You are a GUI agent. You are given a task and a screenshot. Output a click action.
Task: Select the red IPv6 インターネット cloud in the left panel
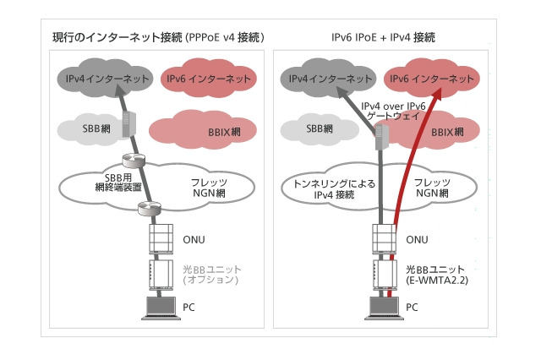coord(207,79)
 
